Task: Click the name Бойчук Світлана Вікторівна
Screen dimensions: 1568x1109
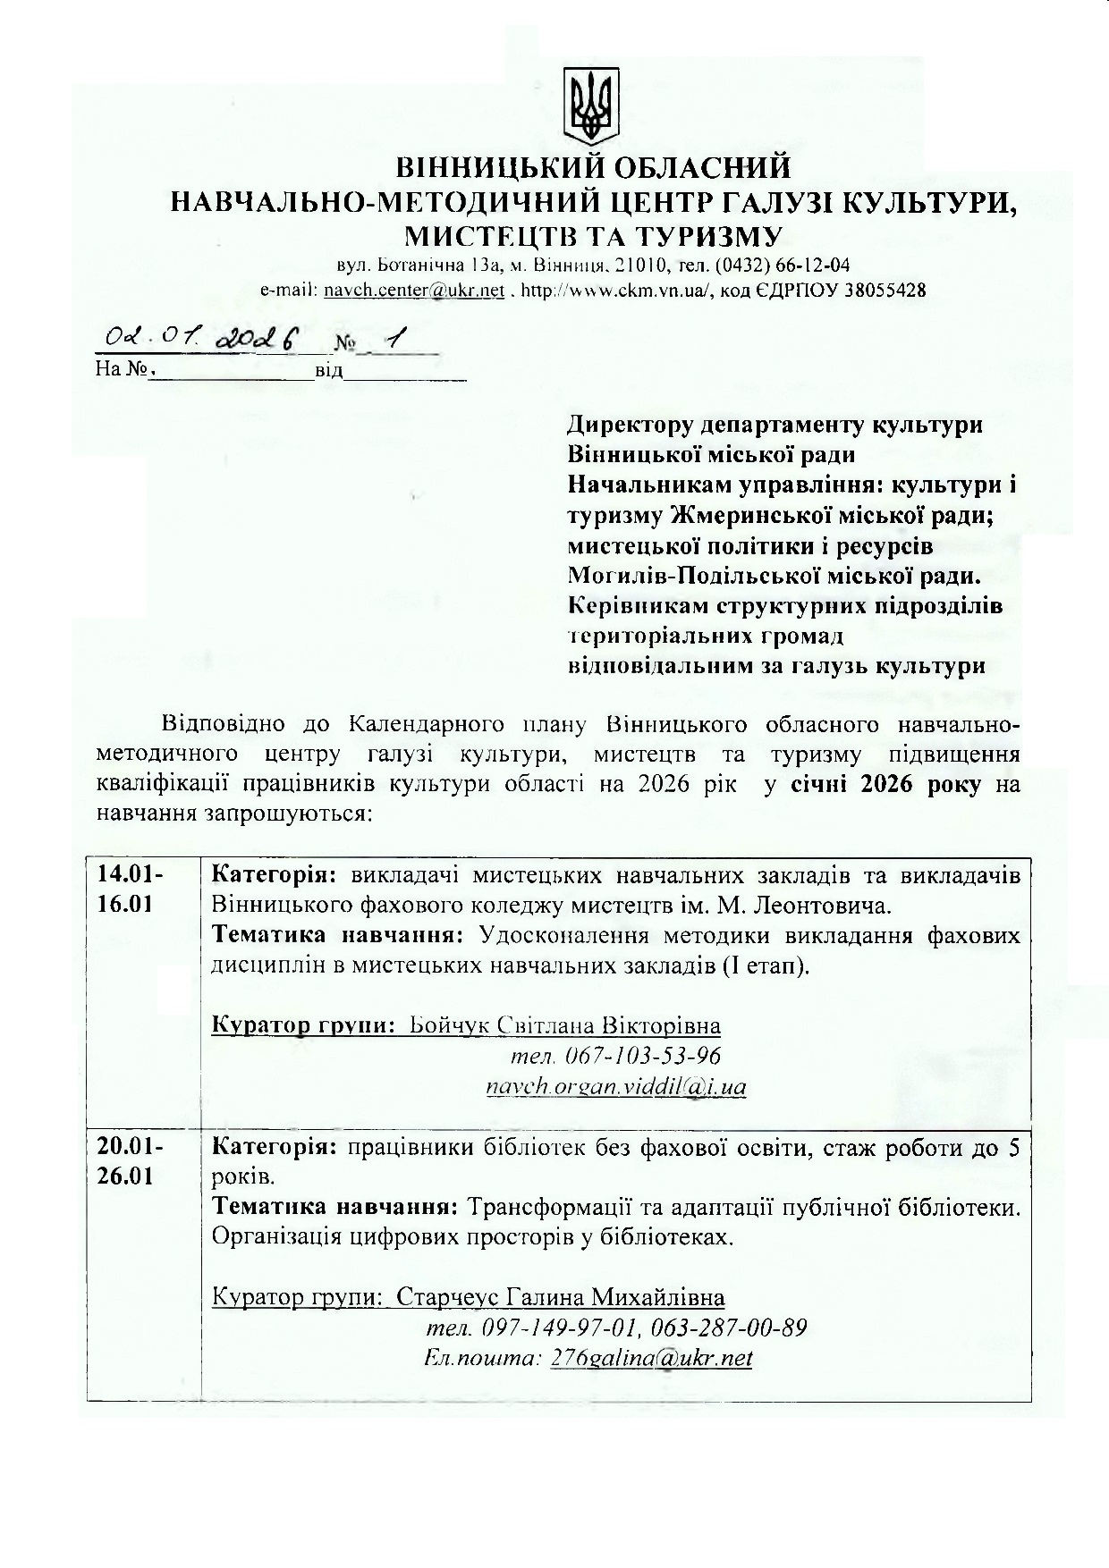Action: pyautogui.click(x=565, y=1025)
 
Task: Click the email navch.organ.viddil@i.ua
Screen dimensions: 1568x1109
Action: pyautogui.click(x=616, y=1087)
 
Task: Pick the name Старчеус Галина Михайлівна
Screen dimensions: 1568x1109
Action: pyautogui.click(x=561, y=1297)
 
